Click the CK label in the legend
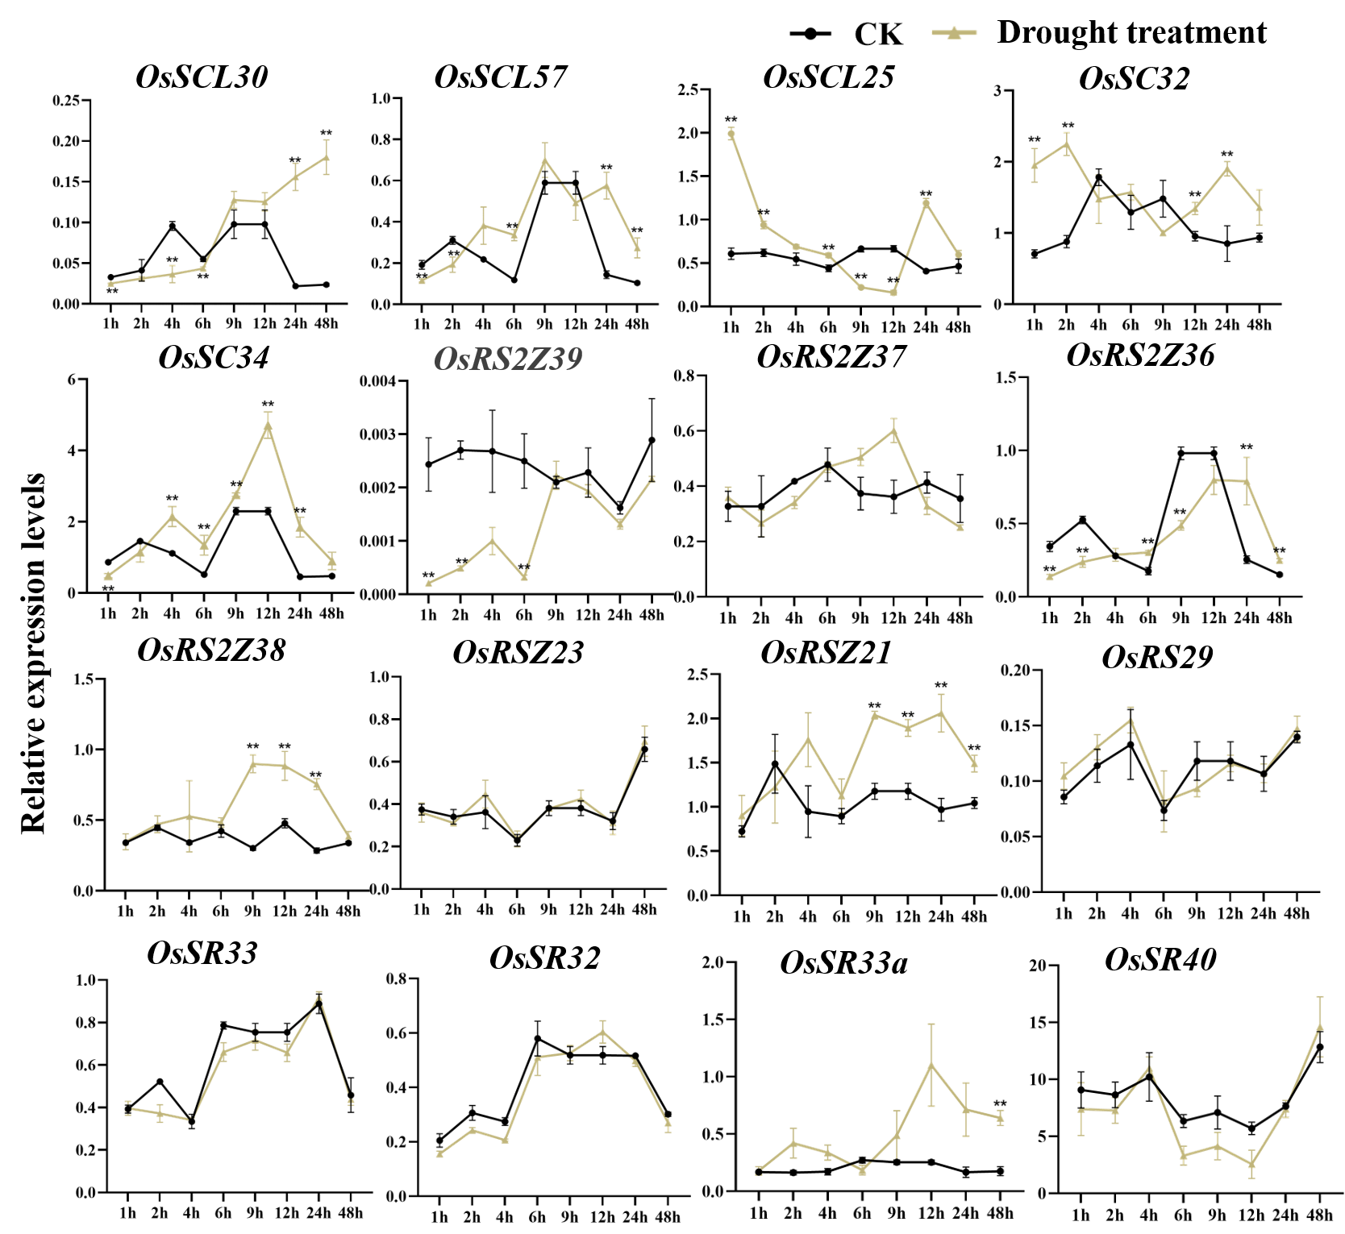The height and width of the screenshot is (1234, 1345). pos(878,34)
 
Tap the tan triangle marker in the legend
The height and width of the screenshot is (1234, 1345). pos(954,33)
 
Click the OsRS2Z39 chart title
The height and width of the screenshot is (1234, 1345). pos(508,359)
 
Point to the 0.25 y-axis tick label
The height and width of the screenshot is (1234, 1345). pos(67,102)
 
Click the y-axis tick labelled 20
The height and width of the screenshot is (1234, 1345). pos(1038,966)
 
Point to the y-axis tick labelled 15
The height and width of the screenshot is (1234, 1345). pos(1038,1023)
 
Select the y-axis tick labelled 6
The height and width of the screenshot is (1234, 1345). pos(72,380)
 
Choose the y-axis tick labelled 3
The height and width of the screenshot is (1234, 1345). pos(997,90)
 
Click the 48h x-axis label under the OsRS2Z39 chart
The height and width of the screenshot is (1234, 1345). pos(651,615)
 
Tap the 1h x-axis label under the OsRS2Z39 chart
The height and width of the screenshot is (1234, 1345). pos(428,615)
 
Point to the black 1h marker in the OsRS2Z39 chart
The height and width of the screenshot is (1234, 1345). pos(428,464)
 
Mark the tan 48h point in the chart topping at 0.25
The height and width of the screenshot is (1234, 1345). pos(327,156)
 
